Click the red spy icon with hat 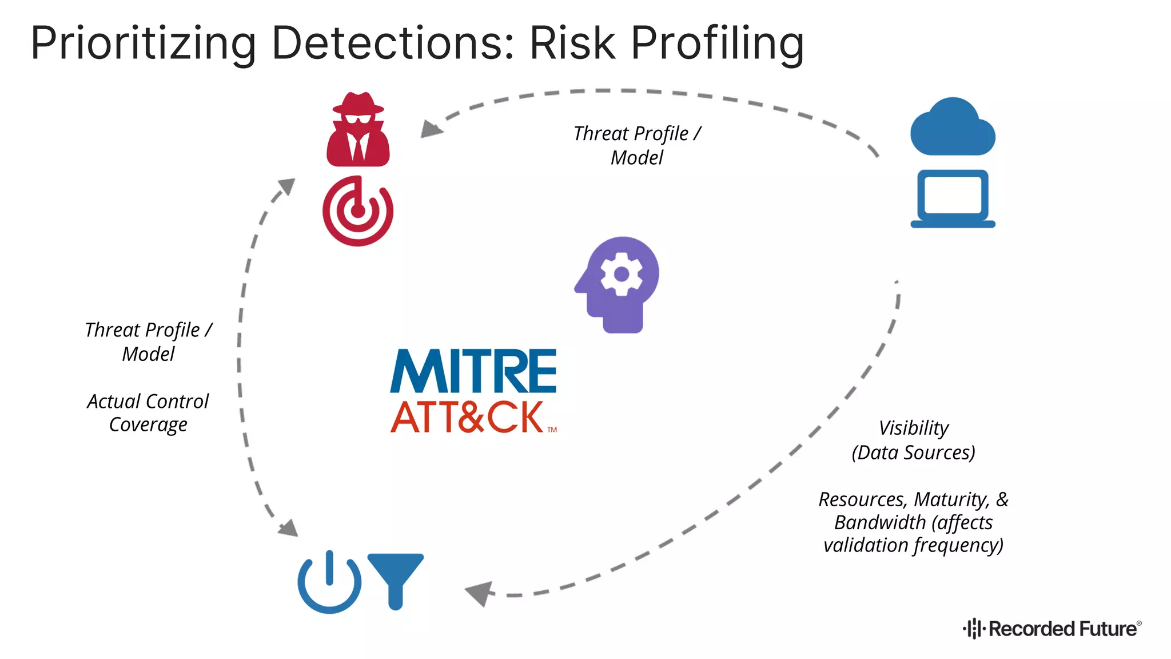pyautogui.click(x=358, y=130)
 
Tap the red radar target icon pyautogui.click(x=358, y=211)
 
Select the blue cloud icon pyautogui.click(x=953, y=128)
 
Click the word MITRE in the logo pyautogui.click(x=473, y=371)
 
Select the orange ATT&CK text pyautogui.click(x=468, y=417)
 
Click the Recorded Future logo pyautogui.click(x=1052, y=629)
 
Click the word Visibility pyautogui.click(x=913, y=428)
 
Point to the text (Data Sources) pyautogui.click(x=913, y=452)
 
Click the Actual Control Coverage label pyautogui.click(x=148, y=412)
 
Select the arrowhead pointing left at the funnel pyautogui.click(x=479, y=593)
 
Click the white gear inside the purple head pyautogui.click(x=621, y=274)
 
